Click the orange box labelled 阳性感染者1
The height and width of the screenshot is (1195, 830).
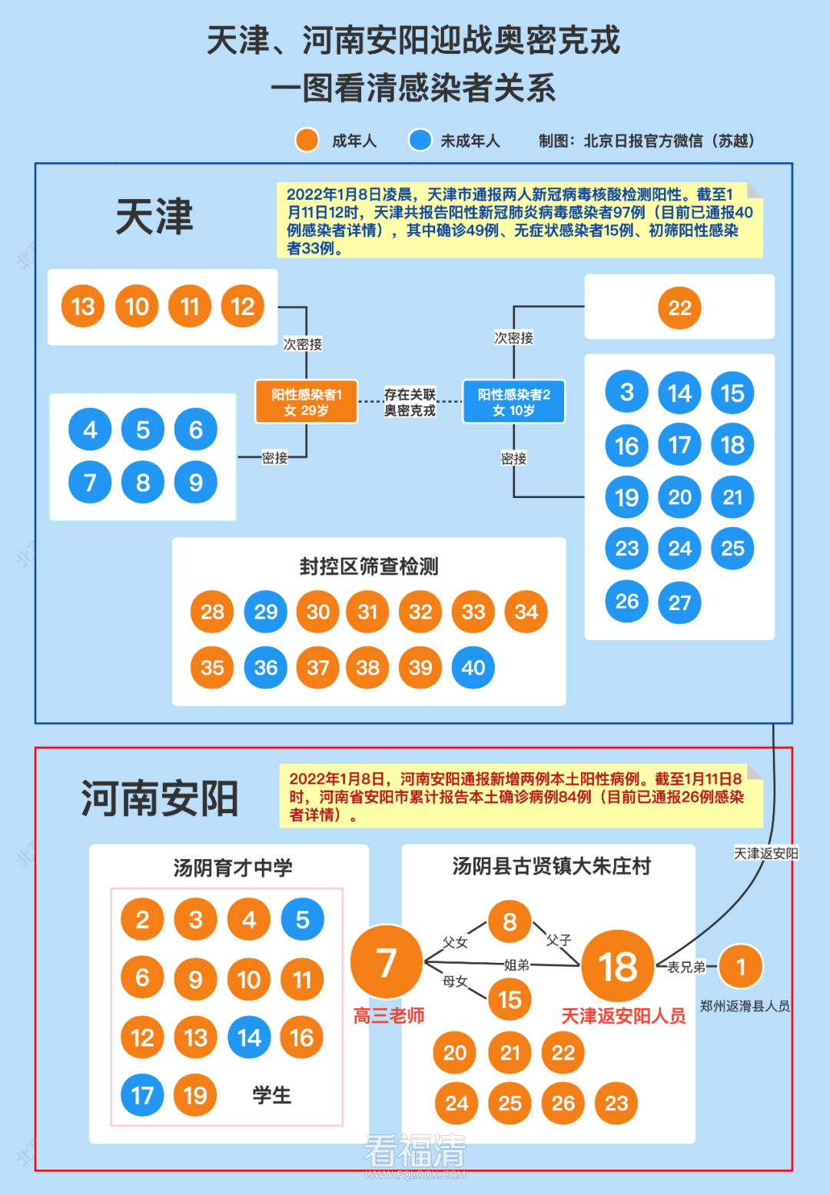pos(306,402)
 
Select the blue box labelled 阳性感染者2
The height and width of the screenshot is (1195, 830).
pos(513,402)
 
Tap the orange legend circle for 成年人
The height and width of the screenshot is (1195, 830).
pos(307,141)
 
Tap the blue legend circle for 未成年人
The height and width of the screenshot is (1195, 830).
pos(420,141)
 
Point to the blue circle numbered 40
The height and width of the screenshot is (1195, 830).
pos(473,668)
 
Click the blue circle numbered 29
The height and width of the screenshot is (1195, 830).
pos(266,612)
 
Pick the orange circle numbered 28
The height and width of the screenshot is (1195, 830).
pos(212,612)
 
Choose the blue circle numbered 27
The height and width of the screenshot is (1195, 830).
pos(679,602)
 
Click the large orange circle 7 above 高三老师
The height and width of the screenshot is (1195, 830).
pos(387,962)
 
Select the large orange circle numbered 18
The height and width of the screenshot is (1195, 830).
pos(618,967)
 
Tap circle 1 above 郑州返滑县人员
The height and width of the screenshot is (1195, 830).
pos(741,967)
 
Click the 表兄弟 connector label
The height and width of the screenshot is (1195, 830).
pos(686,967)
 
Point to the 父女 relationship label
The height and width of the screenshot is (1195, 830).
pos(455,941)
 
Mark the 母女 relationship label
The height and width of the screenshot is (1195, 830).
pos(455,981)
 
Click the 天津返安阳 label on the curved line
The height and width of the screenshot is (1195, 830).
pos(765,854)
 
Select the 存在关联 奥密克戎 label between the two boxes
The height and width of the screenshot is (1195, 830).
pos(410,403)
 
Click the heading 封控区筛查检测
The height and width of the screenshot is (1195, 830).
pos(369,567)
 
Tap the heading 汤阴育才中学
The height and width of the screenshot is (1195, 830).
pos(233,868)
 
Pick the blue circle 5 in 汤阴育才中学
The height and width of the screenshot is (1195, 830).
pos(302,920)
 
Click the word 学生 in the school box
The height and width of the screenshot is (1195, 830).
pos(272,1096)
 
